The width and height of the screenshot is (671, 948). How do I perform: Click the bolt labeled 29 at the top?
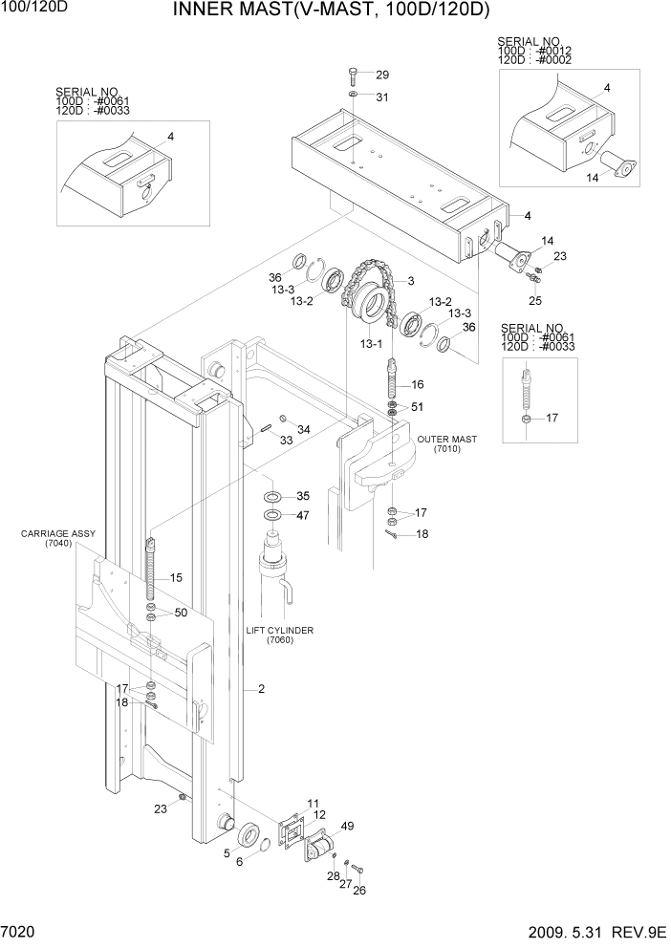[354, 76]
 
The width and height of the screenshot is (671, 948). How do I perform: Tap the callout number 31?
[382, 97]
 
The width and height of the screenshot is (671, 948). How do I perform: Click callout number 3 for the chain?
[410, 280]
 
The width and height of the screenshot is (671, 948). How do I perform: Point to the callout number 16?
[418, 384]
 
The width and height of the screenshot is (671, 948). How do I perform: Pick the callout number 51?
[418, 408]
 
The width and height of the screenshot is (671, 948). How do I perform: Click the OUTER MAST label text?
[446, 440]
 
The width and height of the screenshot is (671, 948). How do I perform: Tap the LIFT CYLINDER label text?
[280, 631]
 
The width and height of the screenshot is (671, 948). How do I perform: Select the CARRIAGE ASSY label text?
[49, 535]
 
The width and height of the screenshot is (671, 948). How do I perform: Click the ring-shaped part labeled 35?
[271, 497]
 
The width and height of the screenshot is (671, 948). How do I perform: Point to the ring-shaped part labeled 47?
[271, 516]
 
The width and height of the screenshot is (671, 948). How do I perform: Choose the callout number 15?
[176, 578]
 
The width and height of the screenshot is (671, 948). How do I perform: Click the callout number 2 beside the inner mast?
[261, 689]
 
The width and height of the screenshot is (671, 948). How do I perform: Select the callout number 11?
[314, 803]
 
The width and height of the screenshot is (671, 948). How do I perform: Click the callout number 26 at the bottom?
[359, 892]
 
